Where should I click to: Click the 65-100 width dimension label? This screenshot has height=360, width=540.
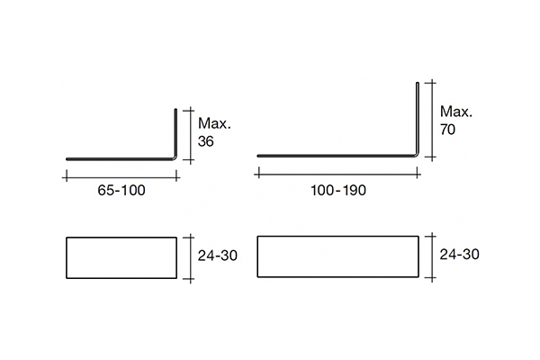pos(121,190)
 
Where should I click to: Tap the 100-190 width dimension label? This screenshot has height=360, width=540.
pos(338,190)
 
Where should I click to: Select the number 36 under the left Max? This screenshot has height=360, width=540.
pos(205,141)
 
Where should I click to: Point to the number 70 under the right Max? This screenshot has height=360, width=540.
pos(447,130)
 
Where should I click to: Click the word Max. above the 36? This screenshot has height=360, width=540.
pos(214,123)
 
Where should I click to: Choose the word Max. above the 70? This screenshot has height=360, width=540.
pos(456,112)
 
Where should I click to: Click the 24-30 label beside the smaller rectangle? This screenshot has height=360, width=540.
pos(217,256)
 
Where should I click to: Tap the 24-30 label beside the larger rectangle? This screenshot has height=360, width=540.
pos(459,254)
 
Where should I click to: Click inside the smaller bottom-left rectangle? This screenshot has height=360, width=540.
pos(121,257)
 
